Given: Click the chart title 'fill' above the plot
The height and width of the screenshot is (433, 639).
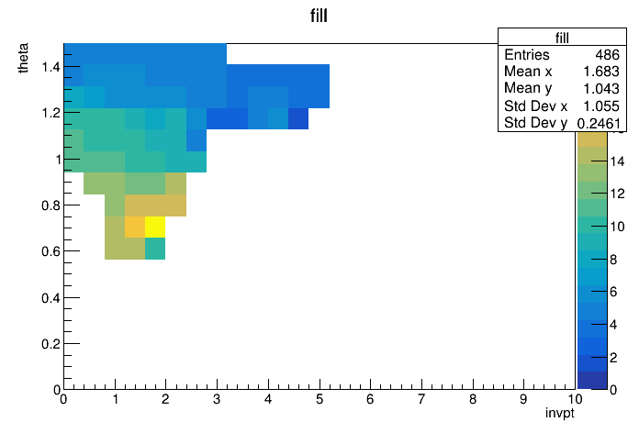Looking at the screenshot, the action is point(319,16).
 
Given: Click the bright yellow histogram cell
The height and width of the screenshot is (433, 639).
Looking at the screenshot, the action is point(155,227).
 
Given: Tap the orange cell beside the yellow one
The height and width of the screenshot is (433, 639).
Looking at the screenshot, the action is point(135,227).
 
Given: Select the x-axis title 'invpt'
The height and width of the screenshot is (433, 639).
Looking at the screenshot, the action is point(559,414).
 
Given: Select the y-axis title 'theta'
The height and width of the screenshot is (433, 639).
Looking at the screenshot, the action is point(23,58).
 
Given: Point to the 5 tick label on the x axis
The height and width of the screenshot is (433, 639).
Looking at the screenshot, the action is point(319,399).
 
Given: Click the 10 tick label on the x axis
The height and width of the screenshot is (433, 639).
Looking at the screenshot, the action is point(575,399).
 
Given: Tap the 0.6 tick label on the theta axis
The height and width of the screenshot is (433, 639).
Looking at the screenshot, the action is point(50,251).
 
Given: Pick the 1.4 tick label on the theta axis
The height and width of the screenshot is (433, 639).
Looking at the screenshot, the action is point(50,66).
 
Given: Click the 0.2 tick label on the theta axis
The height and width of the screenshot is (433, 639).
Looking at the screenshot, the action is point(50,344).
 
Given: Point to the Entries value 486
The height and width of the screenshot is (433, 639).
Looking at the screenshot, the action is point(607,54).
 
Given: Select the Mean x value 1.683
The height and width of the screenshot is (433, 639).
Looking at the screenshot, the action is point(601,72).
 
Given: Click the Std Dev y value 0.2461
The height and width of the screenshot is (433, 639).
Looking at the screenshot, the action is point(599,123).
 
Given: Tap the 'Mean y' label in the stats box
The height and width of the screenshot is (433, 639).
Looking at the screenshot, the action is point(528,88).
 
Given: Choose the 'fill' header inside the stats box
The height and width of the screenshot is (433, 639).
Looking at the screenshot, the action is point(562,38).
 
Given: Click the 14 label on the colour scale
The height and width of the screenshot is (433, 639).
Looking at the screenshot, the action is point(617,161).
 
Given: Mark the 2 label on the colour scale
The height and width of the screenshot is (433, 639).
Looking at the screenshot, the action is point(613,358).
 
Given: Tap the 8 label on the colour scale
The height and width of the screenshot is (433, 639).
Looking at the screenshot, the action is point(613,260).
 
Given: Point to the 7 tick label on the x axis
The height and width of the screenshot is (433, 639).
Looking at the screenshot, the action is point(421,399).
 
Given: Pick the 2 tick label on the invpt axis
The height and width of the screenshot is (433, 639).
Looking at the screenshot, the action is point(165,399).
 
